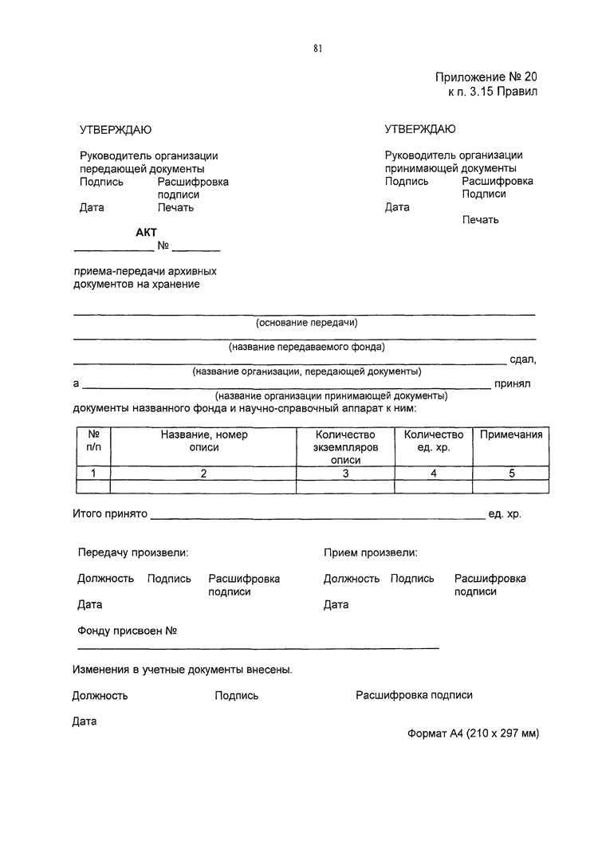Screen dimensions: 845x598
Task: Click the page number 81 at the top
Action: (317, 49)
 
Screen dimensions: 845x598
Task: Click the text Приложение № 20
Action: (486, 77)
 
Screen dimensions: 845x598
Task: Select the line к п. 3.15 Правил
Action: (493, 92)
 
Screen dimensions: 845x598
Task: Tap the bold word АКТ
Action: (147, 232)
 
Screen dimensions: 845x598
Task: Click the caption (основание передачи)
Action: (306, 323)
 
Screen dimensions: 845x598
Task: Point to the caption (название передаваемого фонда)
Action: (306, 347)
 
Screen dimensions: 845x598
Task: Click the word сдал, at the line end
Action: (523, 360)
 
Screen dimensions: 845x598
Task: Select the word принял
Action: (512, 383)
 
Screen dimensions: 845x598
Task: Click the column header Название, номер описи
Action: (204, 441)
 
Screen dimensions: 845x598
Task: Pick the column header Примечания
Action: (511, 434)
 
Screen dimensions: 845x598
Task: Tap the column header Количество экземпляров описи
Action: (345, 447)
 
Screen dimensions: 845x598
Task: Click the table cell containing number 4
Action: (434, 473)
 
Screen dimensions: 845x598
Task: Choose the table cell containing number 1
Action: (93, 473)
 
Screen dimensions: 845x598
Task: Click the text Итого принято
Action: (110, 514)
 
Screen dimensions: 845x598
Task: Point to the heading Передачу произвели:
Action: (133, 552)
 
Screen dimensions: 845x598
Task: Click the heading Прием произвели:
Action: (371, 552)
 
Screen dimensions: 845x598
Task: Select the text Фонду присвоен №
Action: (127, 631)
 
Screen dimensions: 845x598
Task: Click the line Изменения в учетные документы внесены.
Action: (183, 670)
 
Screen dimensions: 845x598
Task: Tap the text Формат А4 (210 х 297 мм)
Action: (473, 733)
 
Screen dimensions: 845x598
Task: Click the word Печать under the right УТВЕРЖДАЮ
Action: (480, 219)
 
